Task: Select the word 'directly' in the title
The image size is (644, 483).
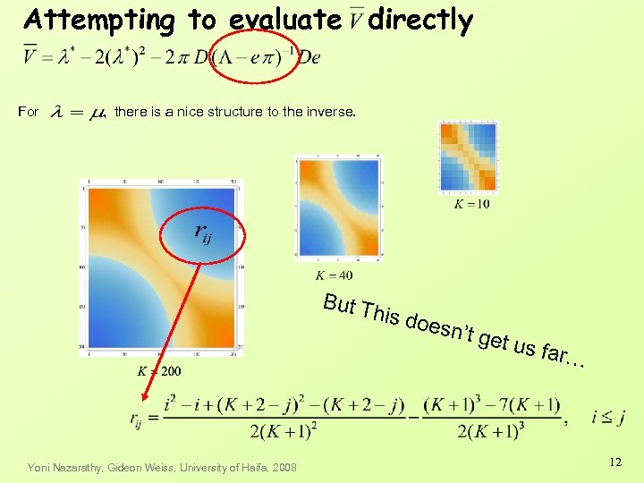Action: tap(419, 20)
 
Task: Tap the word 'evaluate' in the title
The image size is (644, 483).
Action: tap(284, 20)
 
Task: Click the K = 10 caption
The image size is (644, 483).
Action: tap(471, 205)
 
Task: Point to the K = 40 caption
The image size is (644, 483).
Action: tap(334, 275)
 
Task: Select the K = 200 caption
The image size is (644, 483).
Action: tap(159, 370)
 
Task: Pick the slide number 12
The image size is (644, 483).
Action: tap(614, 462)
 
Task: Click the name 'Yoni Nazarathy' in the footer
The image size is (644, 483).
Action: tap(65, 467)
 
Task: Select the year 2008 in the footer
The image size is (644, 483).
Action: tap(287, 467)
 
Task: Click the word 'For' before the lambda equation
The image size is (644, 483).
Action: tap(29, 112)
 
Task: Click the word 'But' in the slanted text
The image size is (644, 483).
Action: tap(339, 304)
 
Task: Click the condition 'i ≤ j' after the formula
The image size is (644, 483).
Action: tap(608, 417)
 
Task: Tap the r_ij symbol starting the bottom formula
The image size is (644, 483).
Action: tap(140, 418)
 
